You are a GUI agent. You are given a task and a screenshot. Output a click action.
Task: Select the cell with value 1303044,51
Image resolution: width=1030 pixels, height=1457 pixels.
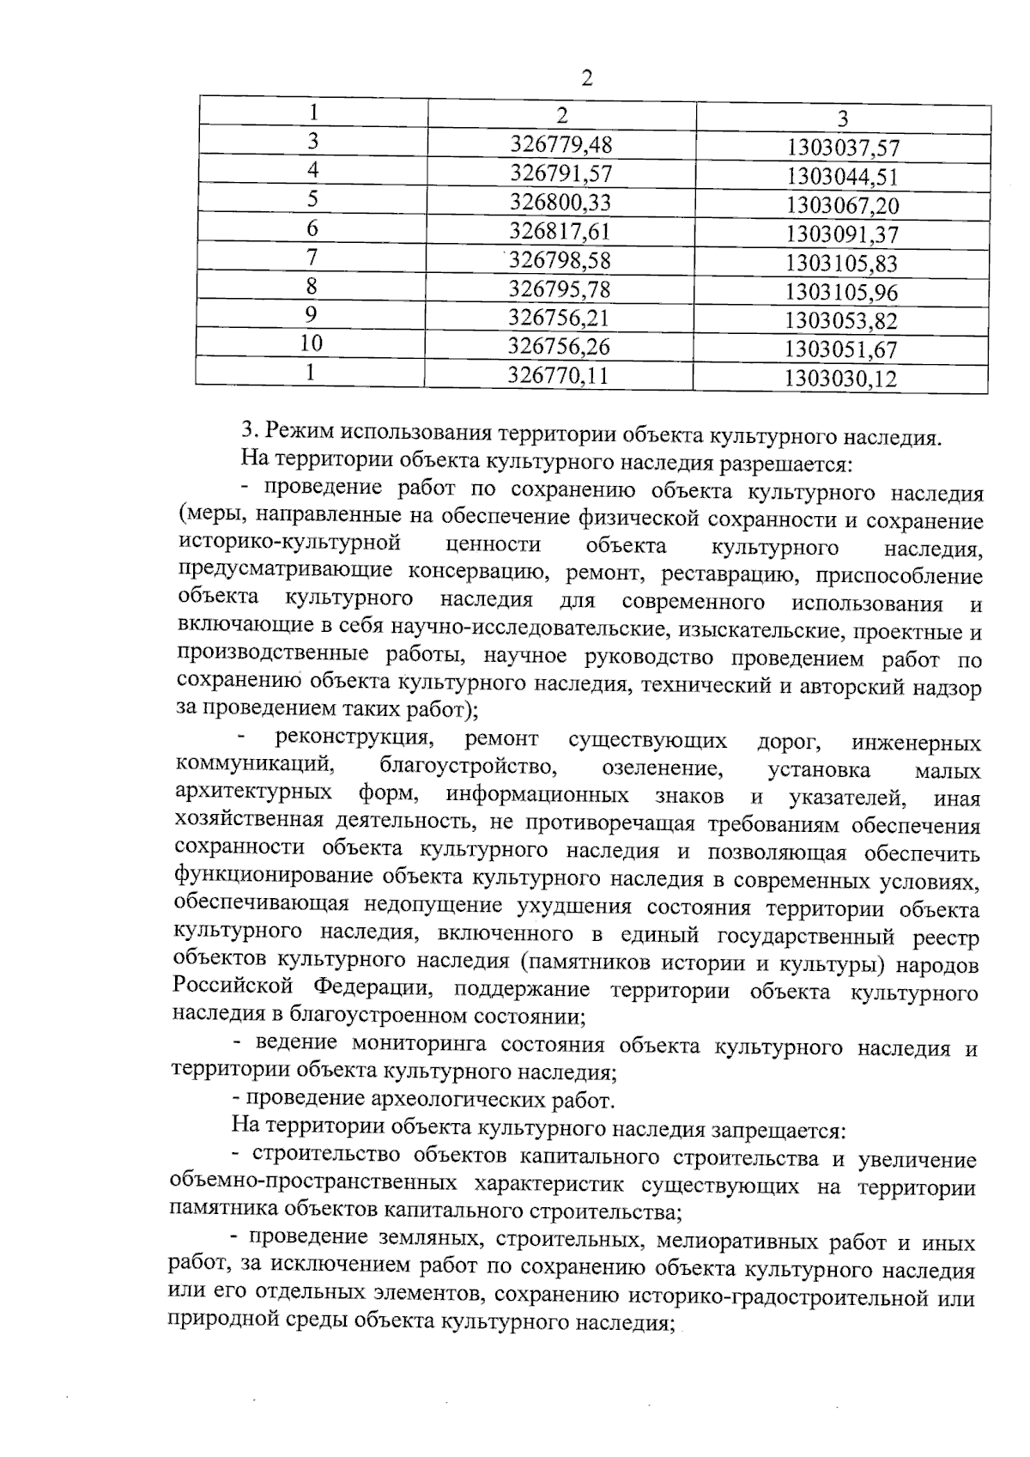tap(843, 177)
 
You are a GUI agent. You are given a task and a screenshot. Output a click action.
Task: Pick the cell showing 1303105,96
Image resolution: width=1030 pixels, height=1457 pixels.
tap(842, 292)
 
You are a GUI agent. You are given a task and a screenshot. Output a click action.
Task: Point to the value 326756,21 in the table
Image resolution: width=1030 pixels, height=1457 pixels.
tap(559, 318)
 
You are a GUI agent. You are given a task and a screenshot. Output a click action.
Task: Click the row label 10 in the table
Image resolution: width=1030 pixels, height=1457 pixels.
tap(312, 344)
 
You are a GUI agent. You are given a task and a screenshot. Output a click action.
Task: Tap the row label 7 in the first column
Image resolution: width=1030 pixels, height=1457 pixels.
tap(312, 257)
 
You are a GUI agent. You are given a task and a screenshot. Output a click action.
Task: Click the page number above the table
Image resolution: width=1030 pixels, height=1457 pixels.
tap(587, 79)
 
